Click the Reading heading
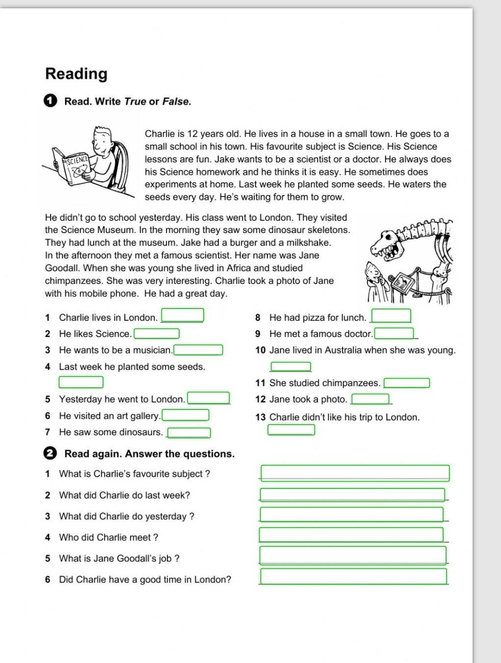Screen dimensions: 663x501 point(76,74)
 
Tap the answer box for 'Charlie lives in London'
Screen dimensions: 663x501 point(183,315)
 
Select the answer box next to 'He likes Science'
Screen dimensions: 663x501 point(157,334)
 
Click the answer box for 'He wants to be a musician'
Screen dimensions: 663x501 point(198,350)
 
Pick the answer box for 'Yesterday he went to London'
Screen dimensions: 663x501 point(209,398)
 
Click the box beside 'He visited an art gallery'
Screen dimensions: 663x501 point(185,415)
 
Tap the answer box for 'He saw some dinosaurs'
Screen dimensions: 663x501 point(189,433)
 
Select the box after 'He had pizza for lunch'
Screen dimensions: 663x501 point(391,316)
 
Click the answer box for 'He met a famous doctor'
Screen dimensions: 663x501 point(394,334)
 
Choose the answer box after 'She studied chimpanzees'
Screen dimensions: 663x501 point(407,383)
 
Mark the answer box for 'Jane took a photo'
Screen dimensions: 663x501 point(370,399)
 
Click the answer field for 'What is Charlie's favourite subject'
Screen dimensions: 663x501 point(355,473)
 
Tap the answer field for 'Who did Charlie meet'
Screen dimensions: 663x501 point(351,535)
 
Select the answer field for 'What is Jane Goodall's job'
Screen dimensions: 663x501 point(353,556)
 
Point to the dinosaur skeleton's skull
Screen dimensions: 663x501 point(388,244)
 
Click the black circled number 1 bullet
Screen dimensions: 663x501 point(50,101)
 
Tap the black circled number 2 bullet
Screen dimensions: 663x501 point(50,454)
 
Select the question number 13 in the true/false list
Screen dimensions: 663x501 point(260,417)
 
